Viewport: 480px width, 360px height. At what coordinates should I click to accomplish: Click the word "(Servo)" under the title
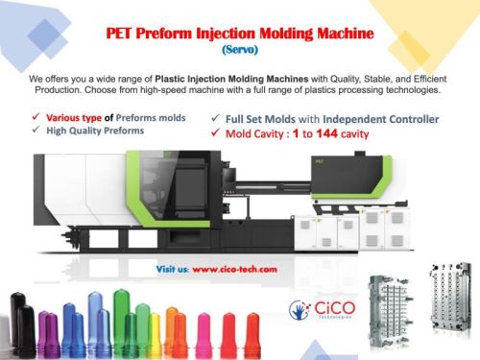(x=239, y=48)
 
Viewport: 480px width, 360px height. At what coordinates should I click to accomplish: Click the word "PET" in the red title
(x=122, y=33)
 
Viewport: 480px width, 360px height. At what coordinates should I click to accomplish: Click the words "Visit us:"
(x=172, y=270)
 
